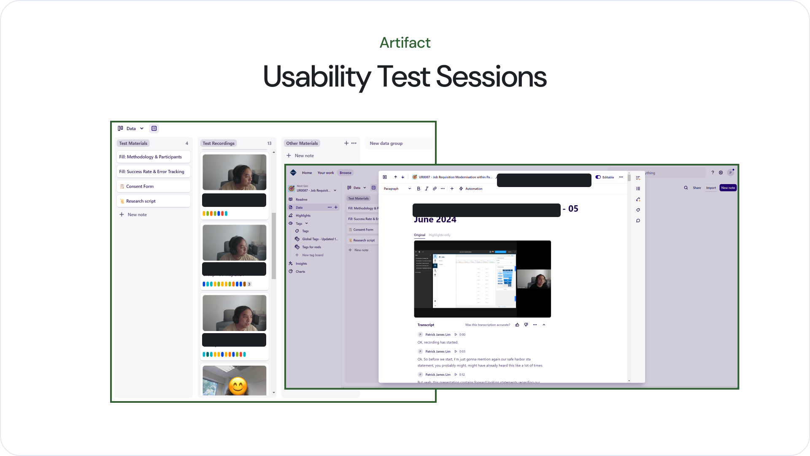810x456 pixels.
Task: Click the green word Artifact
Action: click(405, 43)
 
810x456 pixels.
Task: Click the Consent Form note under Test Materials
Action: click(140, 186)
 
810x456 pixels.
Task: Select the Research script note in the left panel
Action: click(140, 201)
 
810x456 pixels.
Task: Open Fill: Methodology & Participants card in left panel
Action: click(150, 157)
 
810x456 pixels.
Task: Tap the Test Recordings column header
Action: click(218, 143)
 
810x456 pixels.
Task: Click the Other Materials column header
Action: click(302, 143)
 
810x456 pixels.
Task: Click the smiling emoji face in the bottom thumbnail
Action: click(238, 385)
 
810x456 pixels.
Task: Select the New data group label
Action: click(386, 143)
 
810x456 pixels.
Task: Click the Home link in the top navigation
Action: click(307, 173)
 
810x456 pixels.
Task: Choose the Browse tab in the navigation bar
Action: click(345, 173)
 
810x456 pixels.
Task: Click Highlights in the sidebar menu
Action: click(303, 215)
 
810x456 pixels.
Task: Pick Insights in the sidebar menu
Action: click(301, 263)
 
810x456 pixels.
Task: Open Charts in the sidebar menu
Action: click(300, 271)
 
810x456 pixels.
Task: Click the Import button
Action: click(711, 188)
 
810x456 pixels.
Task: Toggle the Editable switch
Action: click(598, 177)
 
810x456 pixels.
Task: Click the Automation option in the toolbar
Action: click(473, 189)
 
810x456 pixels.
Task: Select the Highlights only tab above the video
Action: click(439, 235)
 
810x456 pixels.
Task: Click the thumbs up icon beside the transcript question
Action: click(517, 325)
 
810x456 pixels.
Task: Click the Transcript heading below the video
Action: click(425, 325)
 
